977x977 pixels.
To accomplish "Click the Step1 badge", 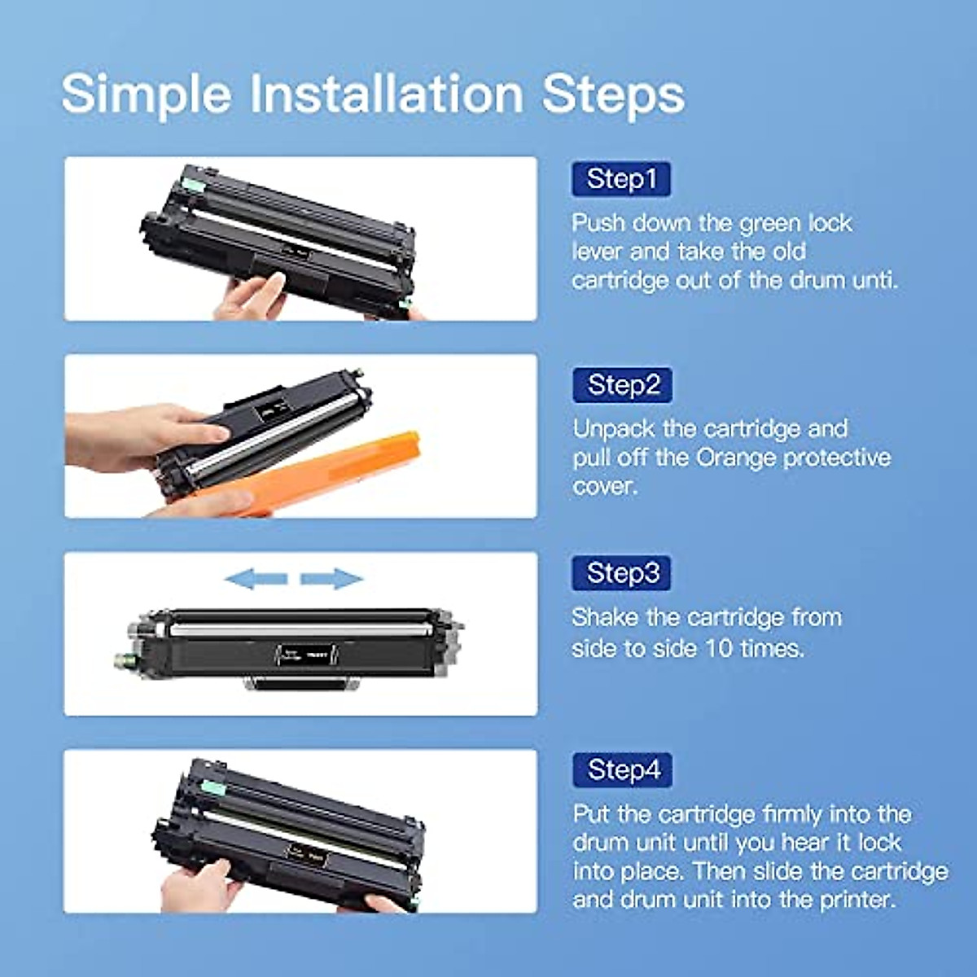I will [621, 179].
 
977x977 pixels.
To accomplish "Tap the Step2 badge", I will [623, 385].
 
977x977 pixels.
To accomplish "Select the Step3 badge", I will [623, 573].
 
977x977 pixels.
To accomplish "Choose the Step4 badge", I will [623, 770].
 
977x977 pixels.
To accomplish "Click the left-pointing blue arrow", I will [256, 580].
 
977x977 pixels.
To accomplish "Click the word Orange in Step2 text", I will [736, 458].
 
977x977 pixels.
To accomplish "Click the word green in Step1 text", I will [770, 224].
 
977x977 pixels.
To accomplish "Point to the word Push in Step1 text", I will [598, 223].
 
